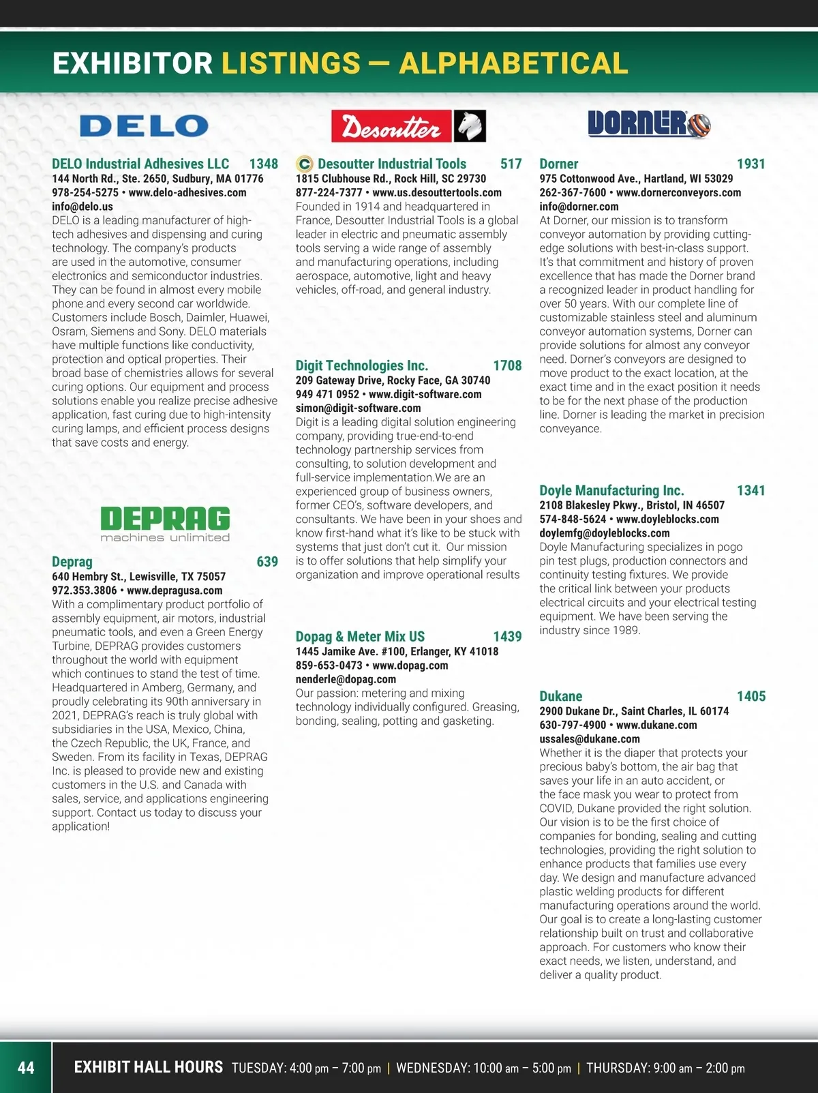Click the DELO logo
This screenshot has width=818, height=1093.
coord(144,126)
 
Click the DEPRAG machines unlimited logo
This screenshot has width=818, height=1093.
coord(165,524)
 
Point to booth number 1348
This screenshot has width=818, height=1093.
coord(263,164)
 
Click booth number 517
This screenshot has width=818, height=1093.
coord(511,164)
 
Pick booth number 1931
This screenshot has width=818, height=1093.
coord(751,164)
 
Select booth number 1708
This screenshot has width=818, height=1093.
coord(507,365)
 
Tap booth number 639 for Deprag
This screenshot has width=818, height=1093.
coord(267,562)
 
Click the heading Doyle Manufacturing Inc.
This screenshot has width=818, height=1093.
coord(611,490)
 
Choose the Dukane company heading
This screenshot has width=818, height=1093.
coord(560,696)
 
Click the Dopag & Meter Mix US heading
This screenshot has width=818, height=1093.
coord(360,636)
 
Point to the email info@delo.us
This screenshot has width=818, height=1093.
coord(82,207)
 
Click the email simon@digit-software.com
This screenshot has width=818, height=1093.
coord(358,408)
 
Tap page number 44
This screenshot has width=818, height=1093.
coord(26,1068)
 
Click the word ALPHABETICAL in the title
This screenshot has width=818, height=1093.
coord(513,63)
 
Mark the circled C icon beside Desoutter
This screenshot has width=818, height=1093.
coord(305,164)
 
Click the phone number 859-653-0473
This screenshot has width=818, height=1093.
coord(329,665)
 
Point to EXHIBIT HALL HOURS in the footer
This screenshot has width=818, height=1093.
coord(148,1067)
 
